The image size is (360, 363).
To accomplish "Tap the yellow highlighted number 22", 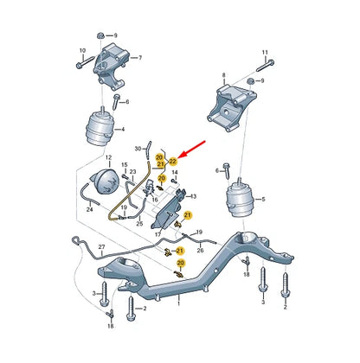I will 173,161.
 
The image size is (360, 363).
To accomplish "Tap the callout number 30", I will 138,150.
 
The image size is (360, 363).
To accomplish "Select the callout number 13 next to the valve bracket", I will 194,196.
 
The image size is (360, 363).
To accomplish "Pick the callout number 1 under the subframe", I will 179,303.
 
